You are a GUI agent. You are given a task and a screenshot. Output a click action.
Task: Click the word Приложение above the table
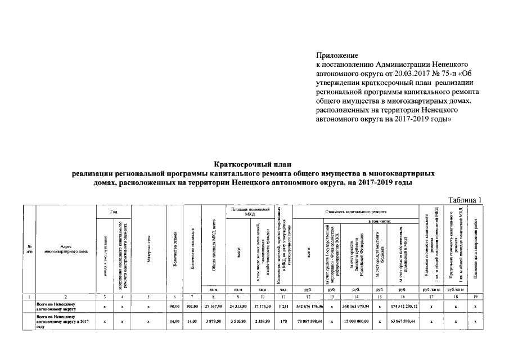(337, 56)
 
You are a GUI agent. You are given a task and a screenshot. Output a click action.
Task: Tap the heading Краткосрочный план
(254, 164)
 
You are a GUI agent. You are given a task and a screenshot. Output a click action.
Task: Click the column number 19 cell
(476, 296)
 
